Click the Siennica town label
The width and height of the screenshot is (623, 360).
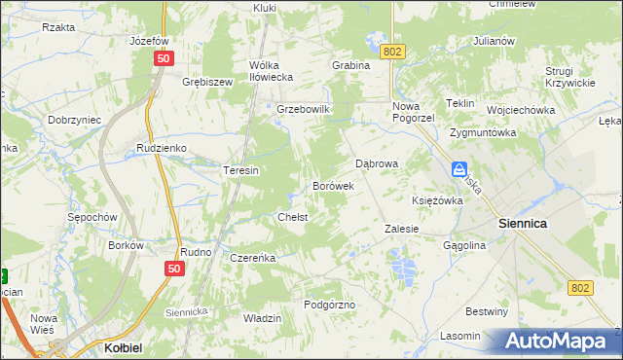522,223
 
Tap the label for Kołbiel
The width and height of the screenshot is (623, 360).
125,346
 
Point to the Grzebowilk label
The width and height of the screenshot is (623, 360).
305,109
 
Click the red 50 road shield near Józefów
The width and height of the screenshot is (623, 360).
162,59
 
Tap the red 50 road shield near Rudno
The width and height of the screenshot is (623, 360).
174,269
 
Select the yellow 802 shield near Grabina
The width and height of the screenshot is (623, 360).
391,51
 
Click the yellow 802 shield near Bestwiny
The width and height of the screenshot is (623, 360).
581,287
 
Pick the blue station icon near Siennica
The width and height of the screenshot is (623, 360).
459,169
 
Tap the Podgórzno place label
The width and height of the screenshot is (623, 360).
329,305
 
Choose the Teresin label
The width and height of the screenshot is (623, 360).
240,170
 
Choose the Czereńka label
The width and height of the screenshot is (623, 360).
253,258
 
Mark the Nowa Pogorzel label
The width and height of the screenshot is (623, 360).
412,113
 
